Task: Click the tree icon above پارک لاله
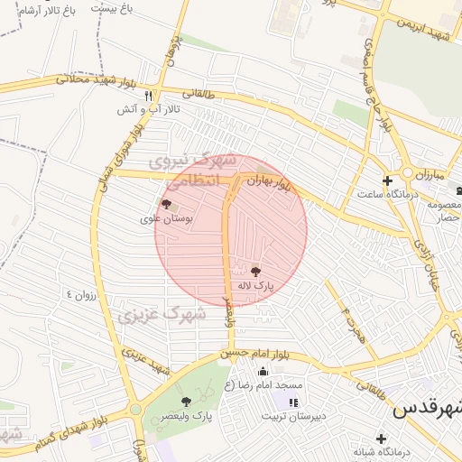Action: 256,271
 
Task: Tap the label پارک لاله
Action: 255,285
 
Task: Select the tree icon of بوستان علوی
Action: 165,204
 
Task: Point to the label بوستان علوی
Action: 163,218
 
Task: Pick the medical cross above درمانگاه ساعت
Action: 387,181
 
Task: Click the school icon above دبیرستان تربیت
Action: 292,402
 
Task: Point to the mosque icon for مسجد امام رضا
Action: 263,372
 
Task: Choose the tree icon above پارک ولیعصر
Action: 186,402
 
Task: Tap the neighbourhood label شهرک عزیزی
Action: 162,315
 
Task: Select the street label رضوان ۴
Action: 79,295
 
